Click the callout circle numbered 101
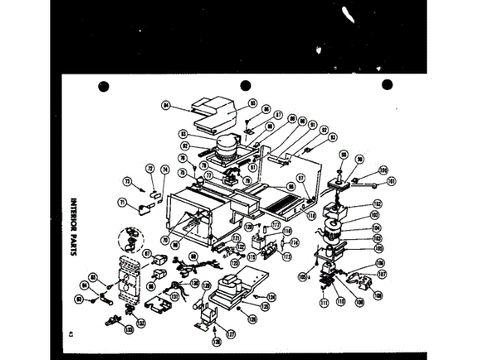[x=390, y=180]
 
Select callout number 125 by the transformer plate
[x=265, y=306]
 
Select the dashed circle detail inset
[x=131, y=241]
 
